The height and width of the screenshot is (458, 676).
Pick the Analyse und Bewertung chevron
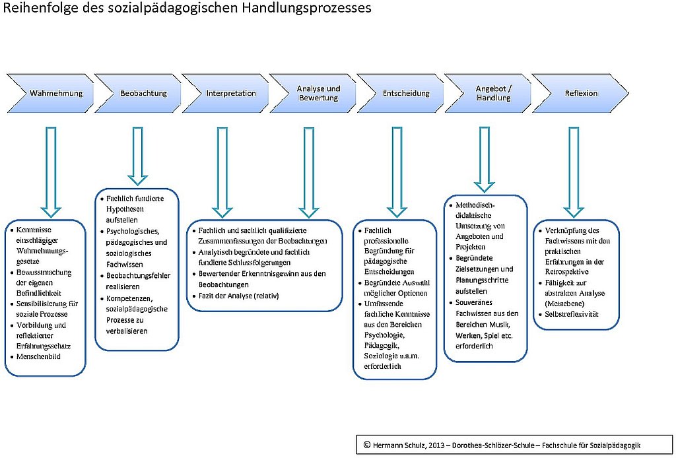point(317,93)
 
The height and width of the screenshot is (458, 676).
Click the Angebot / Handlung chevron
point(492,93)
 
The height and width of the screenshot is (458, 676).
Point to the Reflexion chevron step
point(579,93)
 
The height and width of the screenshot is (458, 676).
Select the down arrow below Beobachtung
point(138,154)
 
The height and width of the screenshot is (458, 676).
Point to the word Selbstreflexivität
point(571,314)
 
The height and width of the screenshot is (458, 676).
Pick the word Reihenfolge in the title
point(34,9)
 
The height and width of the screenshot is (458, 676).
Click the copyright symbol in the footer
point(367,445)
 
